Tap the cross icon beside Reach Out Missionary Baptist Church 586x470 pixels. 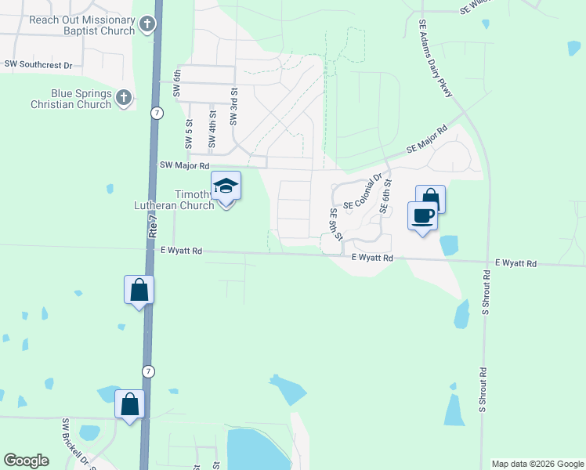point(146,26)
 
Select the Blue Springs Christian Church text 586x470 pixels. point(71,98)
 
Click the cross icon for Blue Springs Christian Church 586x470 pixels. point(123,98)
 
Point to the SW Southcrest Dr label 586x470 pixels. point(38,64)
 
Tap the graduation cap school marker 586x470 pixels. point(226,186)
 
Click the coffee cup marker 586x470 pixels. point(422,215)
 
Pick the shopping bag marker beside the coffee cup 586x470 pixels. point(430,198)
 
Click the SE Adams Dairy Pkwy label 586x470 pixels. point(436,60)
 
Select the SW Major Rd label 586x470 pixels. point(184,165)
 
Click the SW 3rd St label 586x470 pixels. point(233,108)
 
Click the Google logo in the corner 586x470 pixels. point(26,461)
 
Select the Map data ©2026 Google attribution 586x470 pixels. point(537,464)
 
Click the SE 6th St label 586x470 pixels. point(385,197)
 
